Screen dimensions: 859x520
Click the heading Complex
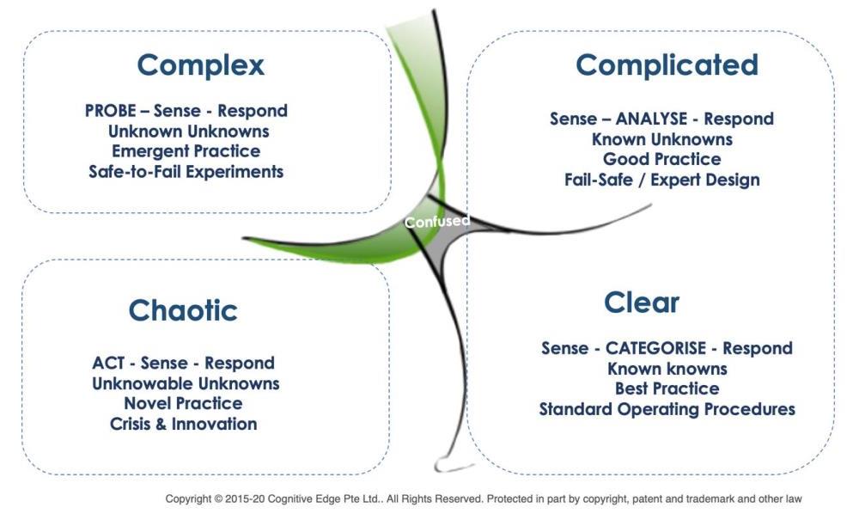pyautogui.click(x=200, y=66)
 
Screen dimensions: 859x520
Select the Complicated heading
pyautogui.click(x=667, y=66)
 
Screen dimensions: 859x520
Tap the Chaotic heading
pyautogui.click(x=183, y=310)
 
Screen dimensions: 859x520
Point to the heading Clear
pyautogui.click(x=642, y=302)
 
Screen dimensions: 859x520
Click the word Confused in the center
pyautogui.click(x=437, y=222)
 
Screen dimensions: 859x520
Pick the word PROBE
pyautogui.click(x=110, y=111)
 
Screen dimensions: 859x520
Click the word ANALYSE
pyautogui.click(x=651, y=119)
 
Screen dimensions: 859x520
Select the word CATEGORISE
pyautogui.click(x=655, y=348)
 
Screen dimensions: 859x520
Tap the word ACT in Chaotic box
pyautogui.click(x=108, y=364)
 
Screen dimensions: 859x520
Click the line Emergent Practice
pyautogui.click(x=186, y=151)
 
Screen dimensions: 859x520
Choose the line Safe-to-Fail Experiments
pyautogui.click(x=186, y=172)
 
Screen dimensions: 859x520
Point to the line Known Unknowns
pyautogui.click(x=661, y=140)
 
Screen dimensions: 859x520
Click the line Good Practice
pyautogui.click(x=661, y=160)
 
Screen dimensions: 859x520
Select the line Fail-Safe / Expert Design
pyautogui.click(x=661, y=180)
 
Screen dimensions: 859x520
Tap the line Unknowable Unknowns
pyautogui.click(x=186, y=383)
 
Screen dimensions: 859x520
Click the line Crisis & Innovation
pyautogui.click(x=184, y=424)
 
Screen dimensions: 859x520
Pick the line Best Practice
pyautogui.click(x=667, y=388)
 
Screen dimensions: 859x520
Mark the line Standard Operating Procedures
pyautogui.click(x=667, y=409)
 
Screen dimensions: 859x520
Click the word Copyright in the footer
pyautogui.click(x=188, y=499)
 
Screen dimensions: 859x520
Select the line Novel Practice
pyautogui.click(x=184, y=404)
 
